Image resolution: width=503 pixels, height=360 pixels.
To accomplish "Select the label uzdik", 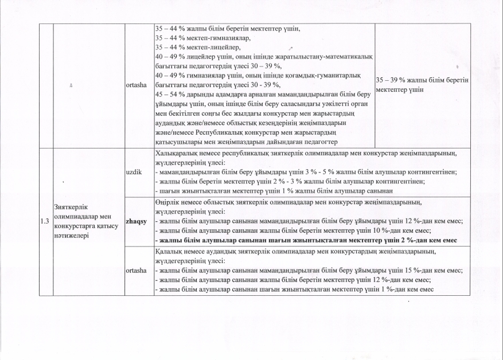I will pyautogui.click(x=133, y=171).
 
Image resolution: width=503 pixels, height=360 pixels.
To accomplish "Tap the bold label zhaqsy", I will pyautogui.click(x=135, y=221).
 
